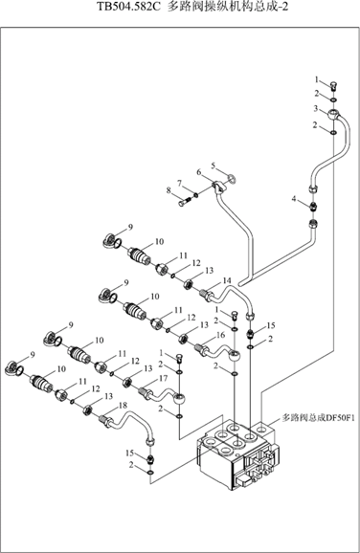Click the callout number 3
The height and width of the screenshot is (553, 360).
pos(316,109)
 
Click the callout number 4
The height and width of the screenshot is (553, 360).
pos(294,199)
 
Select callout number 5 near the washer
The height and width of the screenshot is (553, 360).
pos(214,166)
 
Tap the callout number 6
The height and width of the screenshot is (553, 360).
pos(199,172)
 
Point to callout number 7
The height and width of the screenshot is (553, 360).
pos(179,184)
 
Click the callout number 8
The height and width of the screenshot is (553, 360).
pos(169,190)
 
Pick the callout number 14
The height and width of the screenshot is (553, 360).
pos(227,280)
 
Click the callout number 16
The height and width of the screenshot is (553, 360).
pos(220,335)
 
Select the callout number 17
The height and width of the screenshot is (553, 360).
pos(163,379)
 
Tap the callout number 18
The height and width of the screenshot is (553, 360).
pos(123,406)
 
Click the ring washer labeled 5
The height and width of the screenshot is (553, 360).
pos(232,179)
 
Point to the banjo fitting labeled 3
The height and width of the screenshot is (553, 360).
pos(333,115)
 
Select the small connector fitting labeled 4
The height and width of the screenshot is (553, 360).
pos(313,206)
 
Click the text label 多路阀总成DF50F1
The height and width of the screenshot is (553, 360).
pos(318,418)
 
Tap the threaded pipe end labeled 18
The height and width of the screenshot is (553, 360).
pos(106,421)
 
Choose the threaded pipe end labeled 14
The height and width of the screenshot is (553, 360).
pos(207,295)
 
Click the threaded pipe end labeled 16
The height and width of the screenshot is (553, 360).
pos(201,349)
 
